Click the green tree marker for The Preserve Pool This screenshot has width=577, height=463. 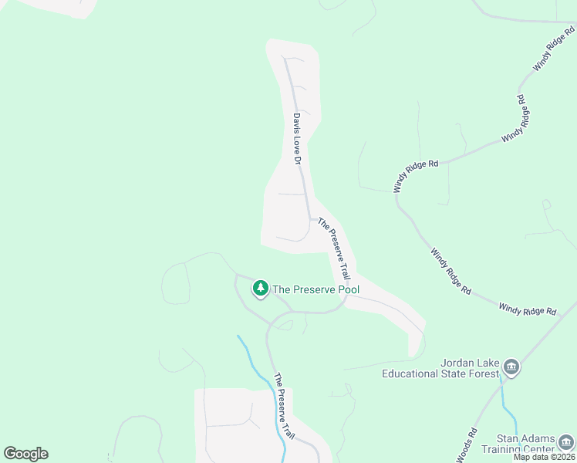click(261, 289)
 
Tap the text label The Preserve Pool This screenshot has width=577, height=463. click(316, 289)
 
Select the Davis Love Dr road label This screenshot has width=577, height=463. click(296, 139)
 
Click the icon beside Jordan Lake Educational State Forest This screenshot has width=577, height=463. click(511, 367)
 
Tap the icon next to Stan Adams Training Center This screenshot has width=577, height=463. click(567, 442)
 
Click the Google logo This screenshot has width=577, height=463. click(25, 454)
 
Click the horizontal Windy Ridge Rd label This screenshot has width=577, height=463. click(528, 310)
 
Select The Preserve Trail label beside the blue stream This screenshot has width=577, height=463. click(284, 407)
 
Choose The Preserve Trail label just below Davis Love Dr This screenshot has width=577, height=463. click(335, 248)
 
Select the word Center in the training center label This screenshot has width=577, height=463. click(540, 449)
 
